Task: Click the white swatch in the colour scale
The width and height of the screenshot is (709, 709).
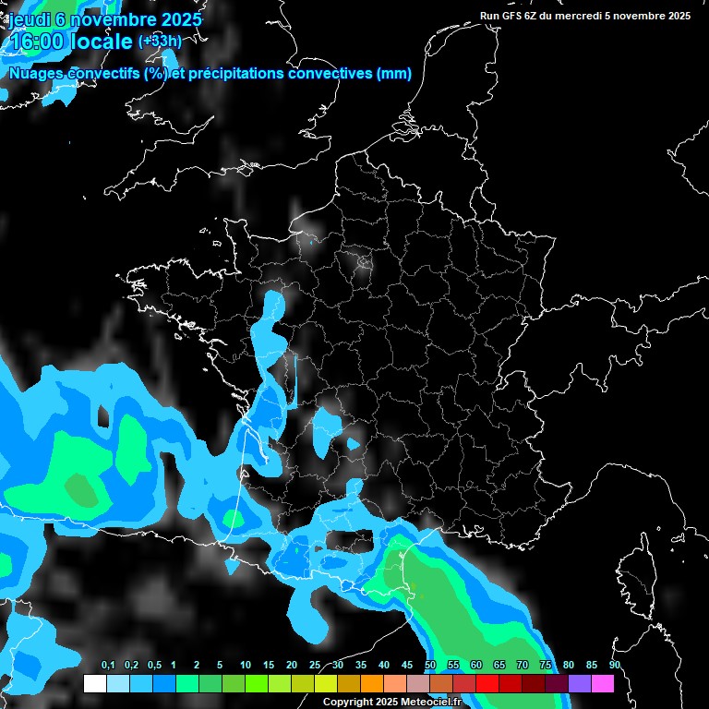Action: (94, 684)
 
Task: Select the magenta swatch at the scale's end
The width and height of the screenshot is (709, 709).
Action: (603, 684)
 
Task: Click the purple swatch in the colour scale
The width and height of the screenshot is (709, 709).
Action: (580, 684)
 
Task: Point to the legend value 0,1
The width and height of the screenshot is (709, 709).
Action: (108, 666)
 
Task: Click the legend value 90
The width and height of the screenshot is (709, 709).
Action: (615, 666)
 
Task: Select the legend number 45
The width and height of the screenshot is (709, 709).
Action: (407, 666)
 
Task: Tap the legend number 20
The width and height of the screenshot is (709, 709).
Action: (292, 666)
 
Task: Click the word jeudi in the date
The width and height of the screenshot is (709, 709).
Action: (30, 19)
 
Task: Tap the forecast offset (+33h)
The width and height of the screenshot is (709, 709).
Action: (160, 41)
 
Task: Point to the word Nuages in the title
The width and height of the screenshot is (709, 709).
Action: (36, 73)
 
